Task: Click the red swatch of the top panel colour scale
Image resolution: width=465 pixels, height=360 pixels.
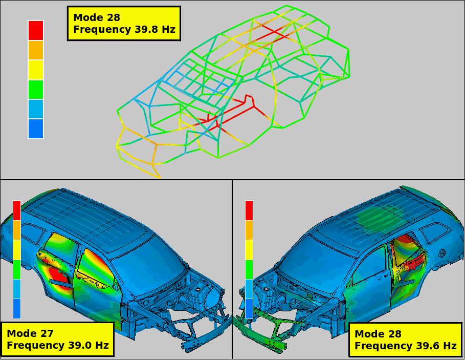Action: pos(36,30)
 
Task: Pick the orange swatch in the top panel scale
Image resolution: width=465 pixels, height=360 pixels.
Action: pos(36,50)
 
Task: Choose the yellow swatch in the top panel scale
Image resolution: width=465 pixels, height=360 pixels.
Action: pos(36,70)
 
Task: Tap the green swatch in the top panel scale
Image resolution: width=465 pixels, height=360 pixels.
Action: pos(36,89)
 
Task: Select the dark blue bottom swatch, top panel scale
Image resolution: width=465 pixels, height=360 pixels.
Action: pos(36,129)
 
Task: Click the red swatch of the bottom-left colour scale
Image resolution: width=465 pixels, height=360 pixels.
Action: pos(17,210)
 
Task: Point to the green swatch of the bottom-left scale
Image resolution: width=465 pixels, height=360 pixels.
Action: pos(17,269)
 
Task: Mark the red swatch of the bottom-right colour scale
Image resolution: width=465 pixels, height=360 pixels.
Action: pos(249,210)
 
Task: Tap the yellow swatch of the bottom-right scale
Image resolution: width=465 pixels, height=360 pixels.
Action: pos(249,250)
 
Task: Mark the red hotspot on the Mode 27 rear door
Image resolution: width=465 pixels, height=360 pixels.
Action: pos(59,278)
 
